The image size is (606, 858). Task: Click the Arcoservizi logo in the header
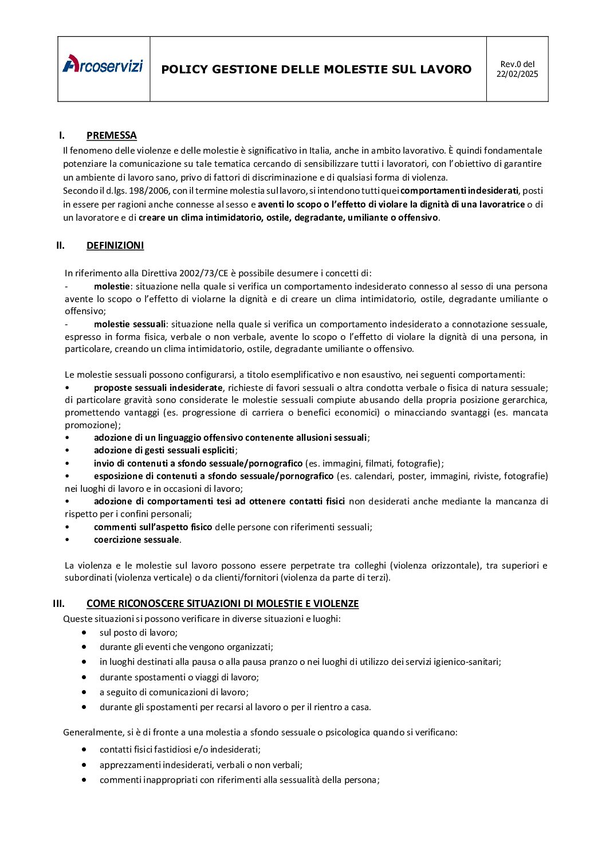103,65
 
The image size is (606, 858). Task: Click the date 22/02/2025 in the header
517,74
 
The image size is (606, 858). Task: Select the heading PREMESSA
112,136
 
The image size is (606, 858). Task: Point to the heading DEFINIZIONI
115,245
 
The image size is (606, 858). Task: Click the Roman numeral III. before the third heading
59,604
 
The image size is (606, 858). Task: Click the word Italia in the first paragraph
319,151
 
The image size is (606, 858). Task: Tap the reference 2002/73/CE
203,273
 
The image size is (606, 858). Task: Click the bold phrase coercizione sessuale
136,540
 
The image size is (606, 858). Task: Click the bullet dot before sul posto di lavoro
85,633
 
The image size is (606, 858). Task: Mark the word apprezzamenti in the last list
130,765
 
